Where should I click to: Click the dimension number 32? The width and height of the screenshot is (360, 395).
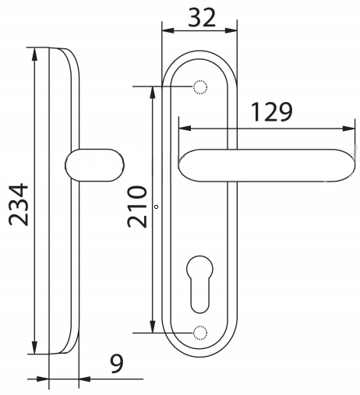tap(202, 17)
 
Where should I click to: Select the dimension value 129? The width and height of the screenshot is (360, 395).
tap(272, 112)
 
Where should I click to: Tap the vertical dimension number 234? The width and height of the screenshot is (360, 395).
tap(19, 204)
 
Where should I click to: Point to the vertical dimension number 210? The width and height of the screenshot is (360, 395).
tap(137, 206)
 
